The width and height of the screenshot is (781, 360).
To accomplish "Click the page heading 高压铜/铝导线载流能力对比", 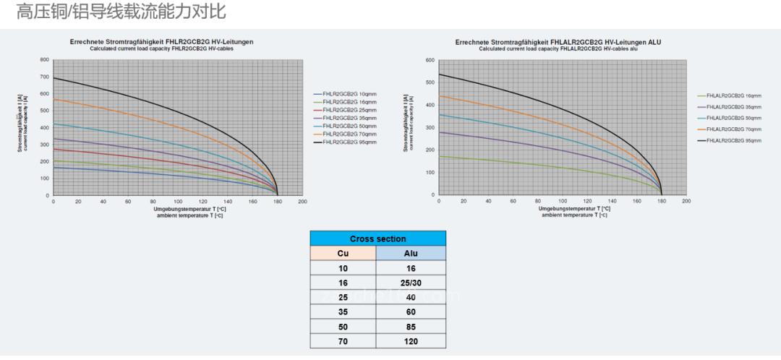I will (121, 12).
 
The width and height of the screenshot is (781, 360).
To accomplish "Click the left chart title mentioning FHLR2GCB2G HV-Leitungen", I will (161, 42).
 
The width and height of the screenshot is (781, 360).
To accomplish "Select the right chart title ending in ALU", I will (558, 42).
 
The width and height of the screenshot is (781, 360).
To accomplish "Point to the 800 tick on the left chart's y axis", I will (45, 60).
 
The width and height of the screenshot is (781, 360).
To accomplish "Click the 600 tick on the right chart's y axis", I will (430, 60).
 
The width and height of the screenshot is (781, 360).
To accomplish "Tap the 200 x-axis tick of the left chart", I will (302, 202).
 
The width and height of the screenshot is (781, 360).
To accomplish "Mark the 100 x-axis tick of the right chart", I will (563, 202).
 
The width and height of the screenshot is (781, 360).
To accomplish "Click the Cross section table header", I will (377, 239).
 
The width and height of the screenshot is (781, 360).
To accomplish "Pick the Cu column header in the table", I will (343, 254).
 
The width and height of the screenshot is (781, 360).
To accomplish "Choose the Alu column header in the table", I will (411, 254).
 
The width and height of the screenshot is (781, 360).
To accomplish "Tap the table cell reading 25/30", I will (411, 283).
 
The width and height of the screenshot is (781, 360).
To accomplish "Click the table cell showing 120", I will (411, 341).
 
